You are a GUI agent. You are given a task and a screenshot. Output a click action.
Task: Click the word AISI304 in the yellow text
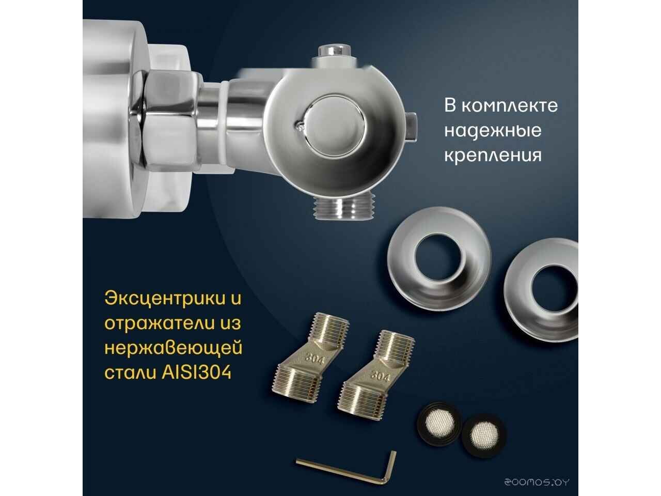tap(196, 373)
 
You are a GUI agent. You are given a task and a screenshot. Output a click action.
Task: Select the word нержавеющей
tap(173, 348)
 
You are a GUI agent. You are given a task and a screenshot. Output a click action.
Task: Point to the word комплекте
tap(510, 106)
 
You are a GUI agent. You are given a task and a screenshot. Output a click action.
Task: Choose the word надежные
tap(493, 131)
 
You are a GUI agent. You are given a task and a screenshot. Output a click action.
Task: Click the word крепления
tap(493, 156)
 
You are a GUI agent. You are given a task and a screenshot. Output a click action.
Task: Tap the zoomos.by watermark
tap(537, 482)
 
